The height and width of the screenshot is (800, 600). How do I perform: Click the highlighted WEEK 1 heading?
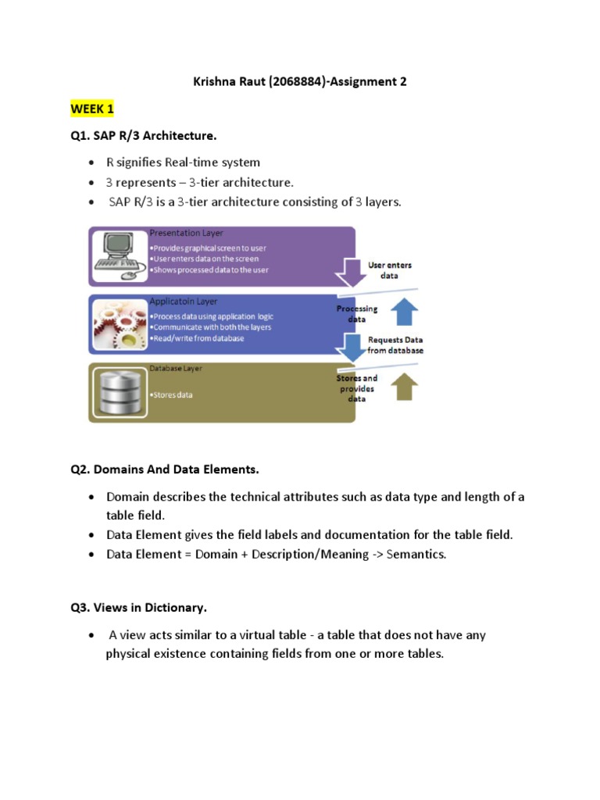click(92, 109)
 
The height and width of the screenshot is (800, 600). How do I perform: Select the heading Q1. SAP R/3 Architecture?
click(143, 136)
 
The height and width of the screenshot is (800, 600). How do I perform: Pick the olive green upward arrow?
click(404, 385)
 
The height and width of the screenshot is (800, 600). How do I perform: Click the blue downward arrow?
click(353, 347)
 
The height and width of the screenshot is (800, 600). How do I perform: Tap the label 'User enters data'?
click(389, 270)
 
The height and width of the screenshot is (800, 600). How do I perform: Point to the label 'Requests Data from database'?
click(395, 345)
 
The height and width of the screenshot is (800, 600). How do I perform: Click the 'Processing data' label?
click(356, 314)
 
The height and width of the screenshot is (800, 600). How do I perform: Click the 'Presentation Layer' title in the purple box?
click(186, 233)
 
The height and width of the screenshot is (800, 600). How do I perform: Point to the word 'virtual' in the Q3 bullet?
click(252, 635)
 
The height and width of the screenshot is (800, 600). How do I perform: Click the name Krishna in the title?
click(215, 81)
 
